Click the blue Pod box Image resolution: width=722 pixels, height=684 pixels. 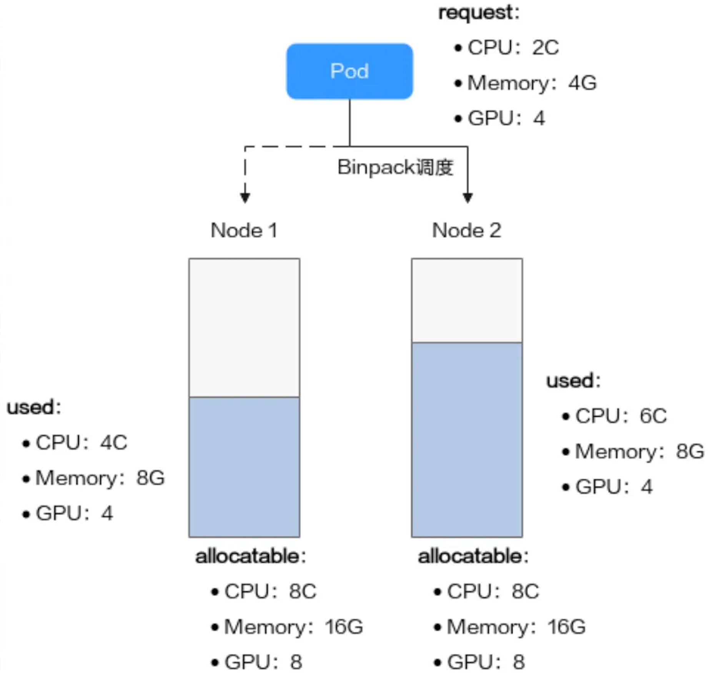click(x=349, y=71)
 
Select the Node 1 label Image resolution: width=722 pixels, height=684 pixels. click(x=244, y=231)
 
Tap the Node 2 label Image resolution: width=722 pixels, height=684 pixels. click(x=466, y=231)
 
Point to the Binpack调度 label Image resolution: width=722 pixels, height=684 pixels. click(x=395, y=167)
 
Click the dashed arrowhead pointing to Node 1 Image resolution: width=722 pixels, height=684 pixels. click(x=245, y=198)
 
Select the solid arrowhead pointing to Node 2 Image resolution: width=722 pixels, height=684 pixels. click(x=467, y=198)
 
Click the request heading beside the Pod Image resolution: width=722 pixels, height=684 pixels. click(x=479, y=13)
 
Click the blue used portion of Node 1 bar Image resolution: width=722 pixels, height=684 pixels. click(x=244, y=467)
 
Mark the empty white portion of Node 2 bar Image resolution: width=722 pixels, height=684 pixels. click(x=467, y=300)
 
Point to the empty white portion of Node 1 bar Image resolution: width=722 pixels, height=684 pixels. click(x=244, y=328)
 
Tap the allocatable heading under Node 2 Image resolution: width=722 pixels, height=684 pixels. click(x=473, y=556)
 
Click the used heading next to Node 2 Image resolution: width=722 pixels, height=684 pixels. click(x=573, y=381)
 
